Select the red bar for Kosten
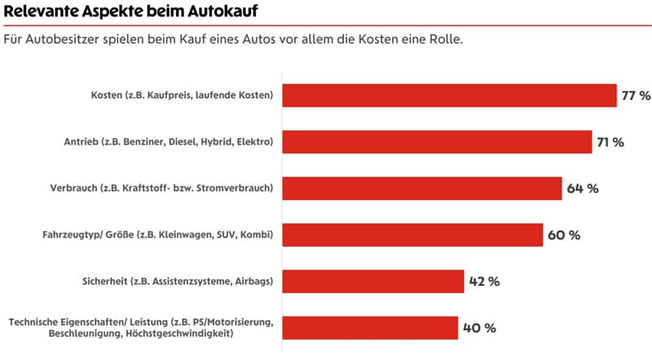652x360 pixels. [449, 95]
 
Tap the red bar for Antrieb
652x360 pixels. [437, 142]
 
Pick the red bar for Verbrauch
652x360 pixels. [422, 188]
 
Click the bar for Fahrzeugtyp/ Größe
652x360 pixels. [412, 235]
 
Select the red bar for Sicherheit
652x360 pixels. [373, 282]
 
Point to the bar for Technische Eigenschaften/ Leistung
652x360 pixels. [370, 328]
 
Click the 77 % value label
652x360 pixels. [636, 95]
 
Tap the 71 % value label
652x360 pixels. [610, 142]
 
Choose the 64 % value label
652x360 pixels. [583, 188]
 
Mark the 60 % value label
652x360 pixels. [563, 235]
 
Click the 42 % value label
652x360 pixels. [483, 282]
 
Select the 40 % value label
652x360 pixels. [478, 328]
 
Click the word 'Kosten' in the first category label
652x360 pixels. [108, 95]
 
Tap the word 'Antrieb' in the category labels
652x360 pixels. [81, 142]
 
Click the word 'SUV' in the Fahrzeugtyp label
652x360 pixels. [227, 235]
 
